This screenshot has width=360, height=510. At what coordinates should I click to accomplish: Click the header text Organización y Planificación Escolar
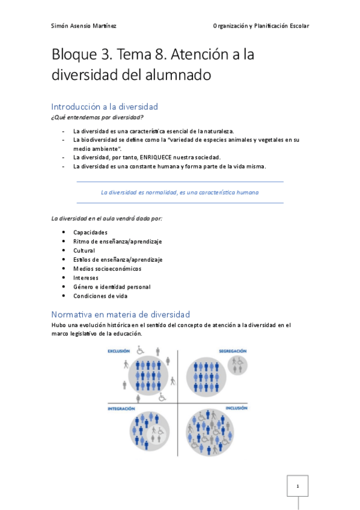[261, 26]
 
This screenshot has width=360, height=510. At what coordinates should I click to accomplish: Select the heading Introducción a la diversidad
[105, 106]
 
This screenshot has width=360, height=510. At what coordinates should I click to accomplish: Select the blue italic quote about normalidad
[180, 192]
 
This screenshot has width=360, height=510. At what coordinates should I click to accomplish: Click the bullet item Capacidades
[90, 232]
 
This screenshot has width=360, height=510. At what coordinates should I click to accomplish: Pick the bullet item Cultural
[84, 250]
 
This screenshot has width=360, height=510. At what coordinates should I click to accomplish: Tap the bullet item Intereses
[87, 278]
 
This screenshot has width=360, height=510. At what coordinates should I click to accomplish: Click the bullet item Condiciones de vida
[100, 296]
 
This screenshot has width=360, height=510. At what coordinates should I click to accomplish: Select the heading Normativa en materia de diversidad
[120, 315]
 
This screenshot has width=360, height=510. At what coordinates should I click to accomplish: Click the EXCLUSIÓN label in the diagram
[119, 351]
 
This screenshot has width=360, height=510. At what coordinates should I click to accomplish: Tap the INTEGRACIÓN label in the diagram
[121, 408]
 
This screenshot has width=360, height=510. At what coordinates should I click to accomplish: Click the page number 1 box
[297, 485]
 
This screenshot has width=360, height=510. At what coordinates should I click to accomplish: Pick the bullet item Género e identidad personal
[112, 287]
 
